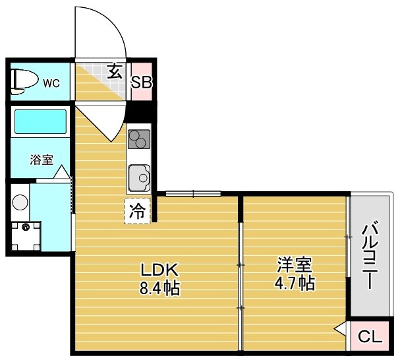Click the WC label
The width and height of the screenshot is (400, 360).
tap(51, 83)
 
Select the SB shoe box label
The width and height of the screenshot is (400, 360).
tap(142, 82)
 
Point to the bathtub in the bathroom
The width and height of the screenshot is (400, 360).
tap(40, 122)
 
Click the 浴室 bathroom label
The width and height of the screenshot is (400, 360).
tap(41, 160)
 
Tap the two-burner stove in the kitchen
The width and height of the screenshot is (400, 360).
tap(139, 140)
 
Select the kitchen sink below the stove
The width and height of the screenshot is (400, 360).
tap(140, 177)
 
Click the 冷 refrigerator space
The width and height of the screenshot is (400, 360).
tap(138, 212)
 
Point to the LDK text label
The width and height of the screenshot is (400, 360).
tap(158, 270)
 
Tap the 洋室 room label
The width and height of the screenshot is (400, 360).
tap(294, 266)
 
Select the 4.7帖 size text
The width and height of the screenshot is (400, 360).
tap(294, 284)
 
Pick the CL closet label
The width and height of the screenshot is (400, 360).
tap(370, 337)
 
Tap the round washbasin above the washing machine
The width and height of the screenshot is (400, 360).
tap(20, 201)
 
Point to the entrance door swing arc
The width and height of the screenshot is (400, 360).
tap(105, 33)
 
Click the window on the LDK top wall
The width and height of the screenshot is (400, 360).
tap(192, 193)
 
